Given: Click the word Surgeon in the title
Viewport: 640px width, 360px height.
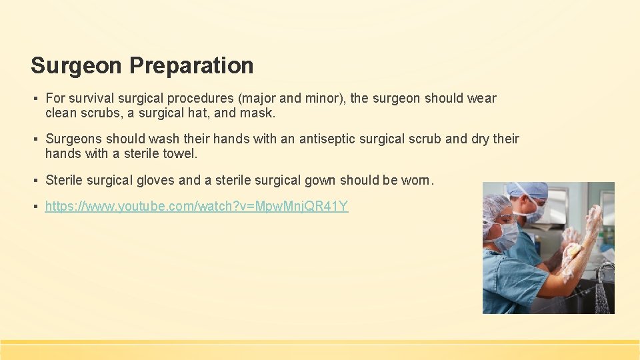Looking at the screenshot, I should click(x=77, y=65).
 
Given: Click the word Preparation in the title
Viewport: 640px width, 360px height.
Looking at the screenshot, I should click(x=191, y=65).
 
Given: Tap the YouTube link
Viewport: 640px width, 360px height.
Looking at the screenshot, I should click(x=197, y=206).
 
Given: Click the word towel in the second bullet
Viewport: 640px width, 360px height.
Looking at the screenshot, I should click(x=183, y=153).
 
